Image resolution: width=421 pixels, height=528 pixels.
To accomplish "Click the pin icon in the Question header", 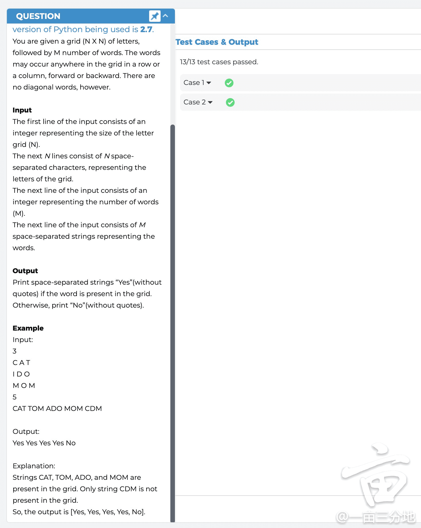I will coord(155,16).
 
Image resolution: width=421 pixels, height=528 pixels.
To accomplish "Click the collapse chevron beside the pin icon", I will coord(165,16).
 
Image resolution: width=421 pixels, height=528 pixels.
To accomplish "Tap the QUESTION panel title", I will coord(38,16).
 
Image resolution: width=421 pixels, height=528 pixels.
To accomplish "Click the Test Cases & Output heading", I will coord(217,42).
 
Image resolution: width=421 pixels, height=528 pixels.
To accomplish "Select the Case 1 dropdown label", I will coord(197,83).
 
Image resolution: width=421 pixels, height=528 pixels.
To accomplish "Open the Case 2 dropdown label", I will coord(198,102).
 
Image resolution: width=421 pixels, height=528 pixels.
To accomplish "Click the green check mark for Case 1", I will coord(229,83).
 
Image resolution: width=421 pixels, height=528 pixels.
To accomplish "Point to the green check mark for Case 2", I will coord(230,102).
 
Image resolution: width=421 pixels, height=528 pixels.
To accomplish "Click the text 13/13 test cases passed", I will coord(219,62).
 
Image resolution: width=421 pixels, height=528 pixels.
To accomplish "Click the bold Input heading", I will coord(22,110).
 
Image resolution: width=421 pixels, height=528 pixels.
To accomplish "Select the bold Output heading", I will coord(25,271).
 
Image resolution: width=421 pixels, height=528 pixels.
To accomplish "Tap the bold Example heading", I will coord(28,328).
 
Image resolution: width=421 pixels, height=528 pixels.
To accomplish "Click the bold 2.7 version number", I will coord(146,29).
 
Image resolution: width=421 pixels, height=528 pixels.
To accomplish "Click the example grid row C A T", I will coord(22,363).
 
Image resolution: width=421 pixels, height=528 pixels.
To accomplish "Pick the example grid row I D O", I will coord(21,374).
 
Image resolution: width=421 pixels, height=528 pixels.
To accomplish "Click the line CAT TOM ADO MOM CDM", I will coord(57,409).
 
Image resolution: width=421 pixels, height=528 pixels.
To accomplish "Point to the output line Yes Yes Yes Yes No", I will coord(44,443).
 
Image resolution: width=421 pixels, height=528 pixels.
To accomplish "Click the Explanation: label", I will coord(34,466).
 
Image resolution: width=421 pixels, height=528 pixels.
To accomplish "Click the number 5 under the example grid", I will coord(15,397).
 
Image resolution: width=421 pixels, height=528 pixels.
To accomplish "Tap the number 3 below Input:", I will coord(15,351).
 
